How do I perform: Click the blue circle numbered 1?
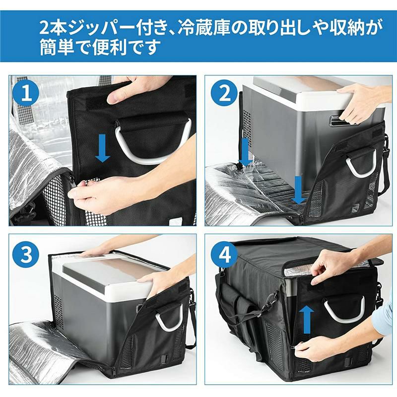(x=27, y=93)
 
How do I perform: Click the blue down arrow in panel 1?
(x=102, y=148)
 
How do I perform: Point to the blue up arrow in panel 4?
(x=307, y=319)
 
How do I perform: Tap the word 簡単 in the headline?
(x=57, y=48)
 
